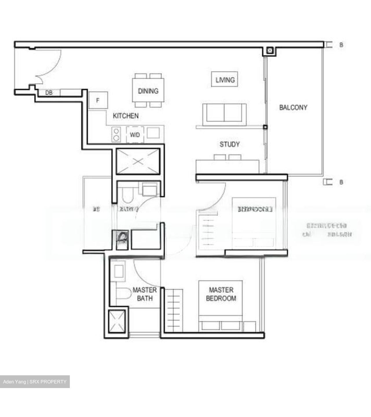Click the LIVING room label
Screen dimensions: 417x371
[x=225, y=80]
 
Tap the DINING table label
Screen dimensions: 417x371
[x=148, y=91]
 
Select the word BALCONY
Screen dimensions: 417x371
[x=293, y=107]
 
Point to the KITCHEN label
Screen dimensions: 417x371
[x=125, y=116]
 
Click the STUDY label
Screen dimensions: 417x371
[x=229, y=144]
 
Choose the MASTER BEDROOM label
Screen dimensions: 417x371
[x=221, y=294]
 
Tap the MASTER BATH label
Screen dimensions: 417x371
[x=145, y=294]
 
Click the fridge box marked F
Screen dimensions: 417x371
[x=98, y=100]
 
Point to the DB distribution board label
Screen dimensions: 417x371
[x=49, y=93]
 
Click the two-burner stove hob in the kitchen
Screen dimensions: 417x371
[x=116, y=135]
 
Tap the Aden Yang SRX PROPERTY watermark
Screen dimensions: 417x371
[x=35, y=382]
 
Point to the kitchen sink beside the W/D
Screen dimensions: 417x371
[x=153, y=133]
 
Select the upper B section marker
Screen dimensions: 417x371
[x=341, y=45]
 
